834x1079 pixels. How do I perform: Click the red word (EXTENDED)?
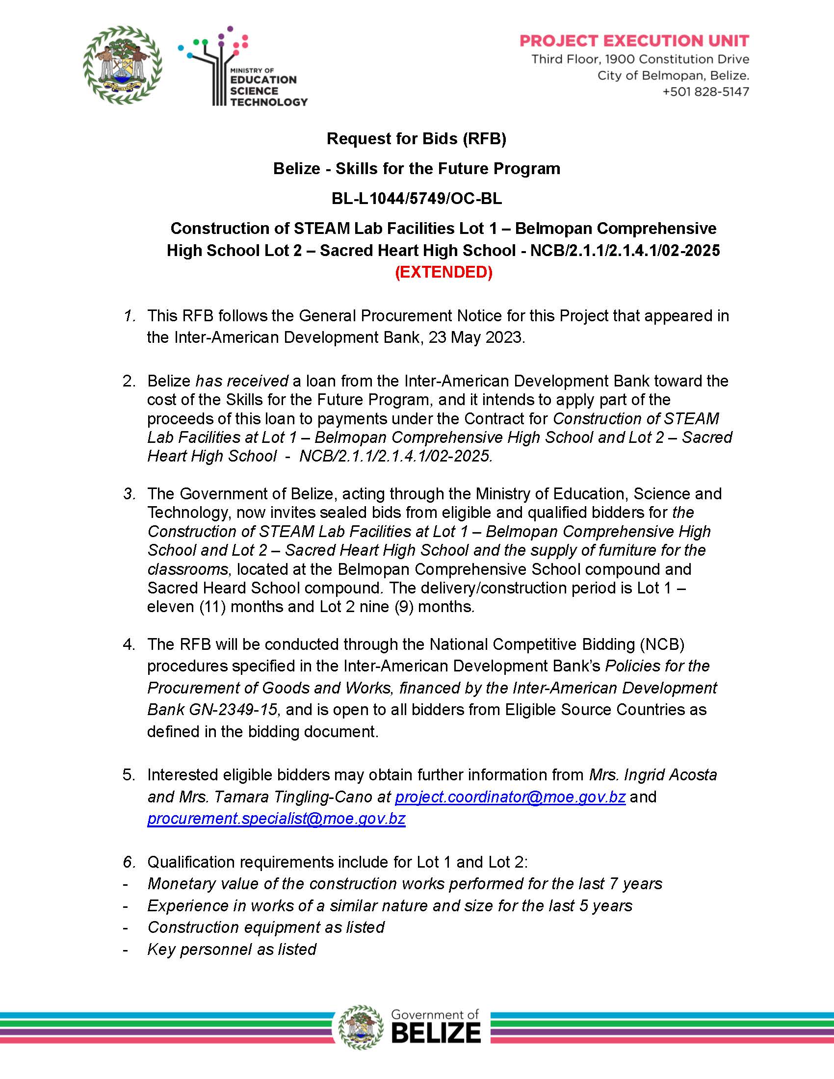click(x=443, y=272)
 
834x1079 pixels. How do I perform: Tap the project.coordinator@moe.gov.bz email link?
click(x=510, y=797)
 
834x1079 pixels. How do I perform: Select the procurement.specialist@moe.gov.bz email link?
click(x=276, y=819)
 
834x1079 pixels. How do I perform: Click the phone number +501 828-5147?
click(x=705, y=92)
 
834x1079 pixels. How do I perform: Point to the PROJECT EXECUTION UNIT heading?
click(x=634, y=41)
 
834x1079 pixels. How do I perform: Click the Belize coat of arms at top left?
click(x=122, y=65)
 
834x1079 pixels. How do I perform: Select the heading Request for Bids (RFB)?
click(x=417, y=139)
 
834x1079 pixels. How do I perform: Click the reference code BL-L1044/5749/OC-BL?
click(x=417, y=199)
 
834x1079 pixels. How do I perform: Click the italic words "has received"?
click(x=241, y=381)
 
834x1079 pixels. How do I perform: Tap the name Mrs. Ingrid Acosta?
click(x=652, y=774)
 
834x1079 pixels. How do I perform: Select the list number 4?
click(x=129, y=645)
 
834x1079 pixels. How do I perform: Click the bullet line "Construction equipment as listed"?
click(x=266, y=927)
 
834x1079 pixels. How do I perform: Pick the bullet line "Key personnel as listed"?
click(x=232, y=949)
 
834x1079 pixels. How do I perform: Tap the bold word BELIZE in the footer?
click(x=436, y=1032)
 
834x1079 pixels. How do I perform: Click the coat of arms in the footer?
click(x=361, y=1027)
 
